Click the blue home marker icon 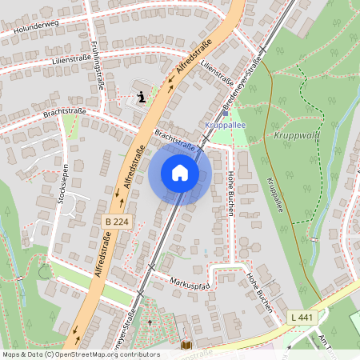point(180,173)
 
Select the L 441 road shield point(302,318)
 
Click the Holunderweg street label point(33,30)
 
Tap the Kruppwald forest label point(295,134)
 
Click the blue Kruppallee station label point(226,125)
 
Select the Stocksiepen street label point(62,186)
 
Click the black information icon point(142,98)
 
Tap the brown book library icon point(186,345)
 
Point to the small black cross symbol point(150,322)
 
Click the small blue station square point(226,113)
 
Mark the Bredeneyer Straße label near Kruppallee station point(243,80)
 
